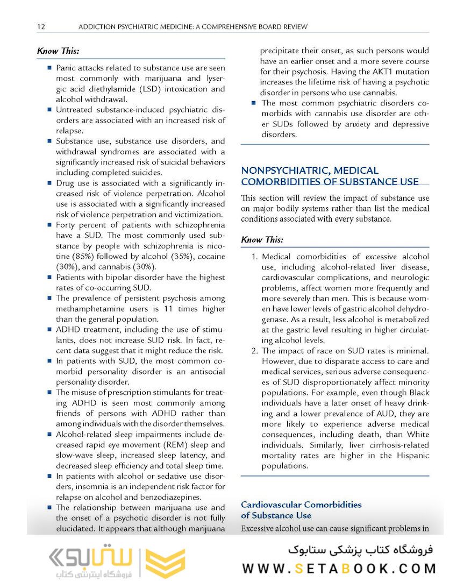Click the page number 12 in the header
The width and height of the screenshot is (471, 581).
pos(41,26)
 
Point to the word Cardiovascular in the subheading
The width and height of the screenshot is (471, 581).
pos(272,505)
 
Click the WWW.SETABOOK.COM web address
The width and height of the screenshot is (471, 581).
pos(339,568)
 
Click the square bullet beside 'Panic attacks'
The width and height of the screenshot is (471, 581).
pos(49,68)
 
